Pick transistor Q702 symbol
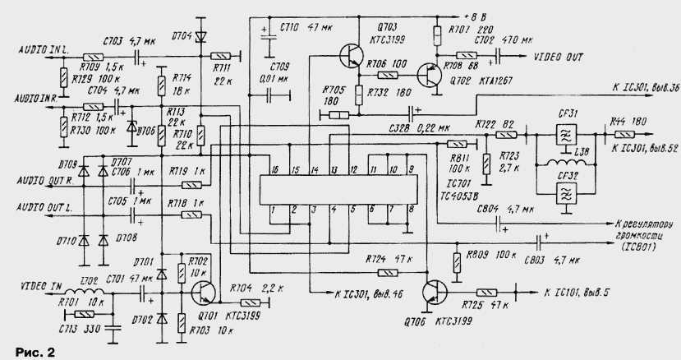pyautogui.click(x=428, y=75)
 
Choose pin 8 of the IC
pyautogui.click(x=410, y=210)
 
